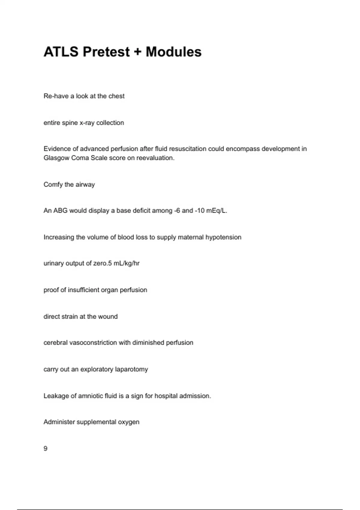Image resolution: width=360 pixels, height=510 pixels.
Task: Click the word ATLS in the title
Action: (x=61, y=52)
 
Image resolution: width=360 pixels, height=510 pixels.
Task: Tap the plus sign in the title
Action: (x=137, y=52)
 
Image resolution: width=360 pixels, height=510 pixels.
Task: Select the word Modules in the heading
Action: (x=173, y=52)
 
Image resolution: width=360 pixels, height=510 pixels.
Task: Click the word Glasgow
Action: (x=56, y=158)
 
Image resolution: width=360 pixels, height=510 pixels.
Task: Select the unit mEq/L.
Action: (x=217, y=211)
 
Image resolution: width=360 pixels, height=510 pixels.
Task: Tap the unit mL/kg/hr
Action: (x=128, y=263)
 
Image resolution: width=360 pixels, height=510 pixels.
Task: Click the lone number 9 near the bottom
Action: (x=46, y=448)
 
